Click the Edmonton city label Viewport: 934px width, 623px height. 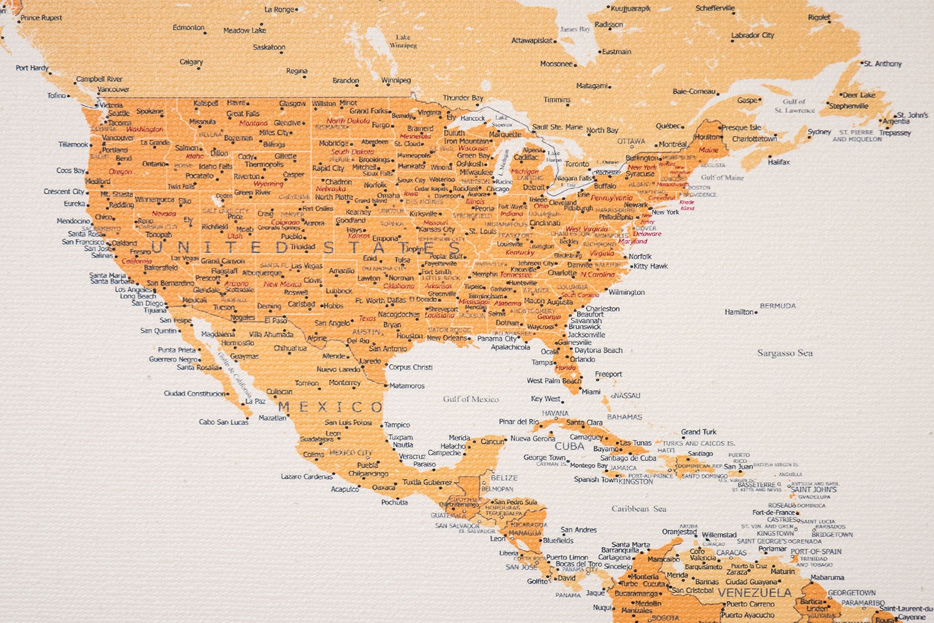(x=188, y=28)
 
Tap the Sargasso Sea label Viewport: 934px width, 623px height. (x=785, y=353)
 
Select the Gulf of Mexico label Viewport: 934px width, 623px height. (x=471, y=399)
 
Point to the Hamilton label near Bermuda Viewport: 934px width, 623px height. (x=739, y=312)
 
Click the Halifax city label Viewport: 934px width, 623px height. (x=779, y=162)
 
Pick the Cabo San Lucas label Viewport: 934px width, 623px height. (x=224, y=422)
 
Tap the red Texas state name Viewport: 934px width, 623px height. (x=367, y=318)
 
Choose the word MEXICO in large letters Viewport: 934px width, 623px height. (x=331, y=407)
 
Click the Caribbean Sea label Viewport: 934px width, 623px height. (x=639, y=509)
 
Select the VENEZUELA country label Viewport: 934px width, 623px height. (x=755, y=592)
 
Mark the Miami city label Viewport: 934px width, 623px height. (x=591, y=392)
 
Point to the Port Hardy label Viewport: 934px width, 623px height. (x=32, y=68)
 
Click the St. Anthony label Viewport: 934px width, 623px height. (x=883, y=64)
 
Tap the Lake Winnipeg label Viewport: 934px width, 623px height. (x=403, y=41)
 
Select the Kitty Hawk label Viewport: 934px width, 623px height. (x=651, y=266)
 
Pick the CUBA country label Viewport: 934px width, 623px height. (x=569, y=446)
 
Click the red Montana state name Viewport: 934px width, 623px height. (x=253, y=124)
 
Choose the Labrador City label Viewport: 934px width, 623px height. (x=752, y=35)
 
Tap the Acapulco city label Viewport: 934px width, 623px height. (x=345, y=489)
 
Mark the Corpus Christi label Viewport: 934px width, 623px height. (x=411, y=367)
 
